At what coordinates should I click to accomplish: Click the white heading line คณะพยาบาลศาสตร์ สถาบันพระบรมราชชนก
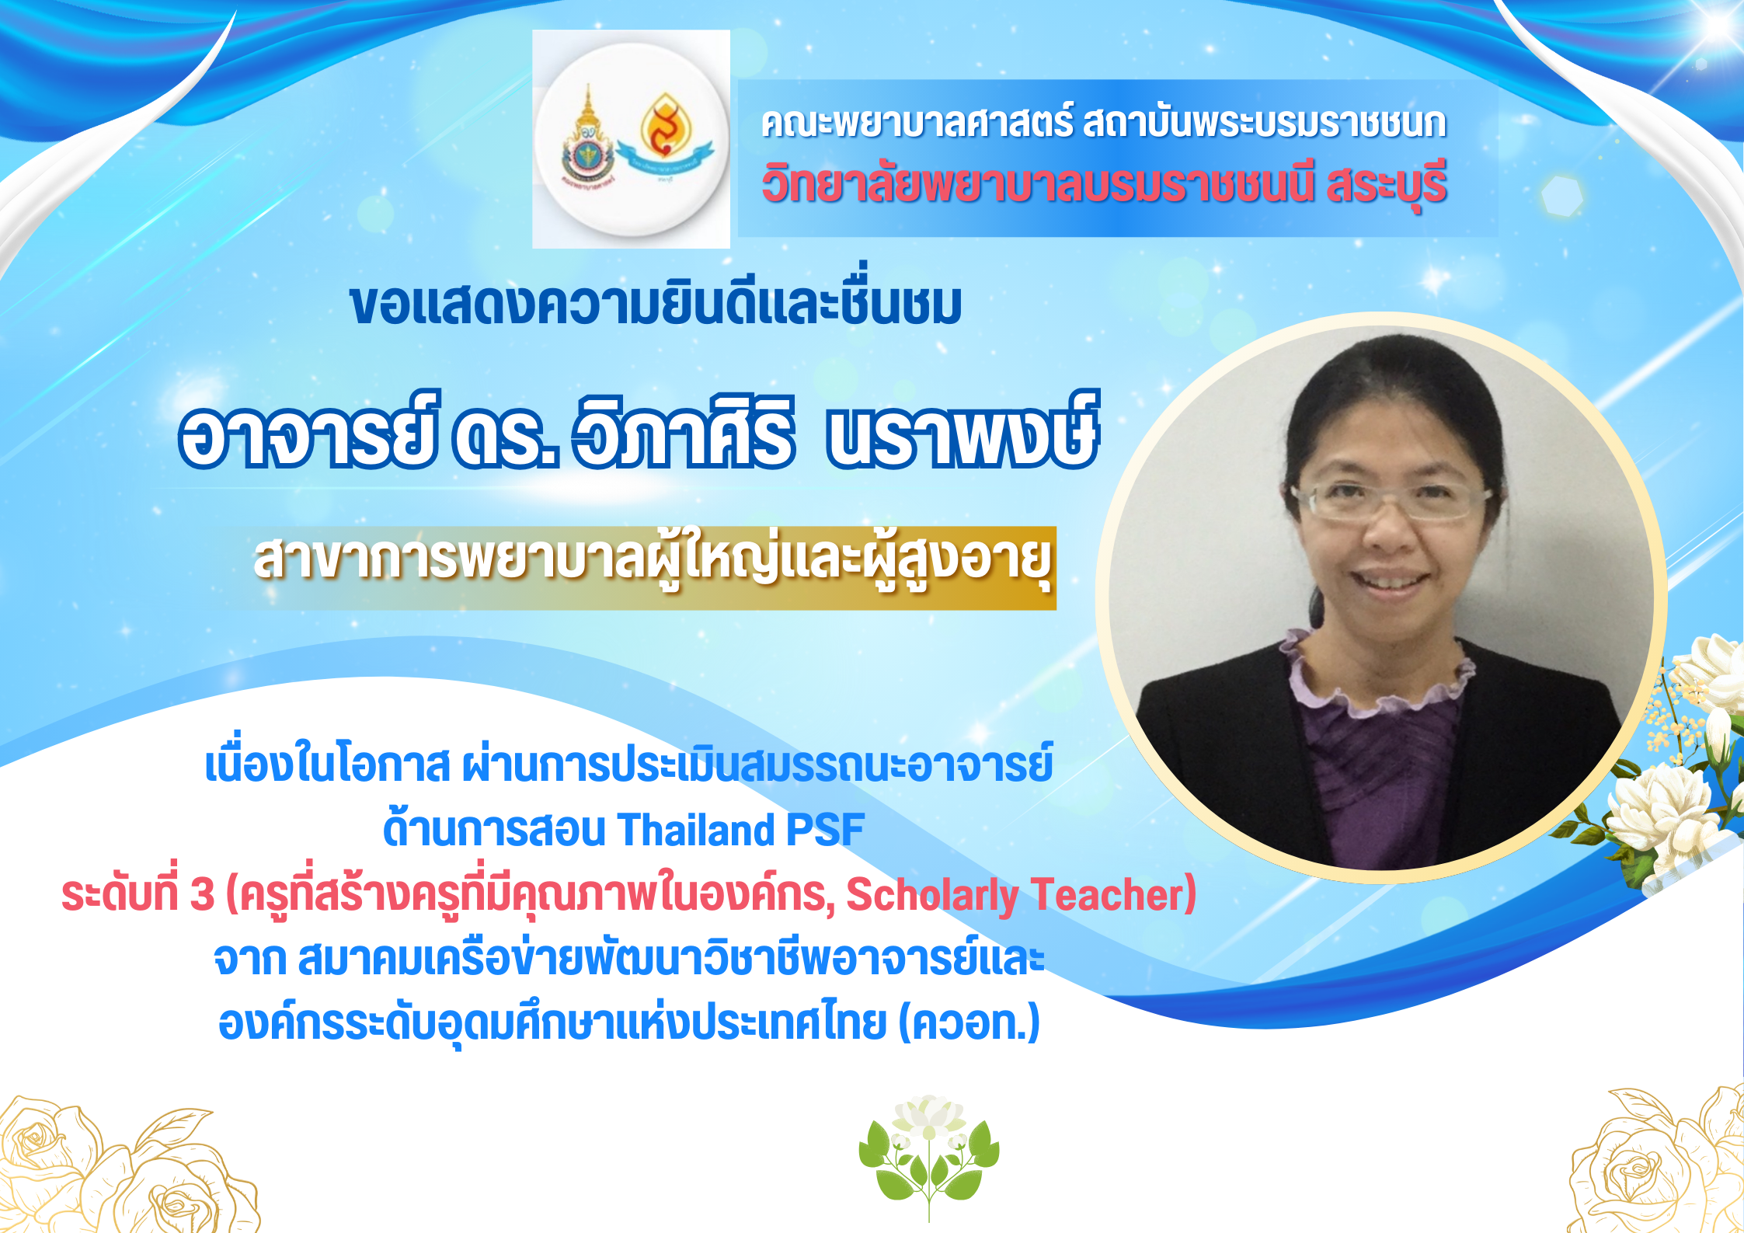tap(1103, 123)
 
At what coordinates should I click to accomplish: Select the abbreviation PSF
tap(825, 829)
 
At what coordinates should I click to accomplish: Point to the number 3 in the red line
tap(201, 894)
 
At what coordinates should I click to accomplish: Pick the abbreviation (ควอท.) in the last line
tap(969, 1022)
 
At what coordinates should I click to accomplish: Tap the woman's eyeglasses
tap(1391, 501)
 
